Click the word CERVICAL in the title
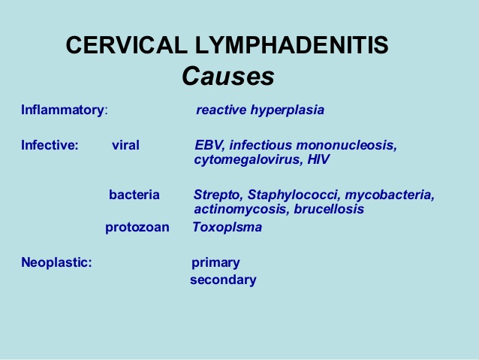coord(127,45)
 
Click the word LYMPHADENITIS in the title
coord(292,45)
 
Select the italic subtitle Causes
coord(228,76)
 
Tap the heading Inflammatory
coord(62,110)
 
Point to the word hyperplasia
coord(288,110)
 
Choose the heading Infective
coord(50,145)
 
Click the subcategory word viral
coord(125,145)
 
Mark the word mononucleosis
coord(347,145)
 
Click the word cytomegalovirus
coord(247,159)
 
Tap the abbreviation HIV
coord(318,159)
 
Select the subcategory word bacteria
coord(134,195)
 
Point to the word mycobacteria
coord(390,195)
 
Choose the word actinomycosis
coord(242,210)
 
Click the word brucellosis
coord(329,209)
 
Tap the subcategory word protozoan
coord(137,228)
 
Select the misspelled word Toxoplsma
coord(227,227)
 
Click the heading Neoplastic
coord(56,262)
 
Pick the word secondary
coord(223,280)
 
